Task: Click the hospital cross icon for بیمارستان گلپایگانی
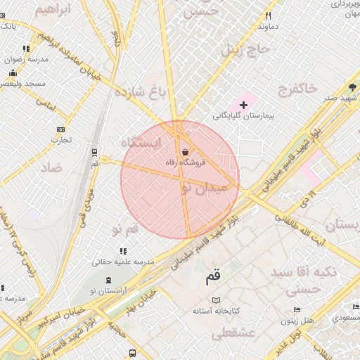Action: click(244, 105)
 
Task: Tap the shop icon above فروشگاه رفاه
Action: click(185, 152)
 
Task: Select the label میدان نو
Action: click(205, 188)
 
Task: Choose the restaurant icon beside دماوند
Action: click(268, 15)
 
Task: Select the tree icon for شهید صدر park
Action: click(352, 87)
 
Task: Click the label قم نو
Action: click(126, 229)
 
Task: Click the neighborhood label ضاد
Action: click(51, 167)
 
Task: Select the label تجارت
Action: click(60, 139)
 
